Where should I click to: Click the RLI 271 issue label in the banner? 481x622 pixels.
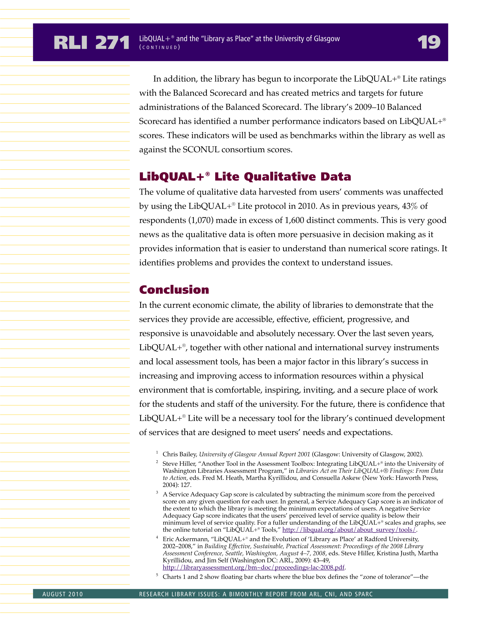click(91, 43)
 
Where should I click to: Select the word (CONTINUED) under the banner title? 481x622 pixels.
click(160, 48)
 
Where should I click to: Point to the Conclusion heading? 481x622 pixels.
click(174, 290)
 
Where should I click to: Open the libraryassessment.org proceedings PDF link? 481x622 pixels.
click(253, 567)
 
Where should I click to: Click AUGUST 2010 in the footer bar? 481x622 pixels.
click(63, 594)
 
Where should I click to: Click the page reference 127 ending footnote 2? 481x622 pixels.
click(185, 485)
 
